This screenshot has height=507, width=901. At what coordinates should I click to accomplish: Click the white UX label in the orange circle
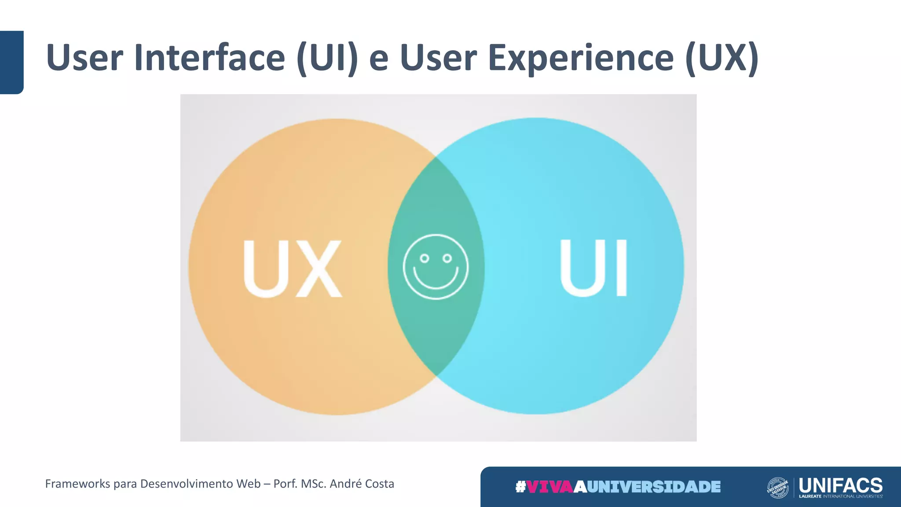pyautogui.click(x=292, y=268)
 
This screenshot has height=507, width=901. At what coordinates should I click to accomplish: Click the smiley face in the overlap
pyautogui.click(x=436, y=267)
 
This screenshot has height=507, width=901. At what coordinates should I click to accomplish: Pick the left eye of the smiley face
pyautogui.click(x=424, y=258)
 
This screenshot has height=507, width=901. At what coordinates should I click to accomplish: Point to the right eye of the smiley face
pyautogui.click(x=447, y=258)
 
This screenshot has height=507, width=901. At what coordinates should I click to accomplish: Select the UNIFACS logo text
pyautogui.click(x=840, y=485)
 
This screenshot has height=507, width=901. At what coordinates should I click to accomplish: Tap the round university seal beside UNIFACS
pyautogui.click(x=778, y=488)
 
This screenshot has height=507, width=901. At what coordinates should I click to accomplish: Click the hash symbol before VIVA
pyautogui.click(x=520, y=487)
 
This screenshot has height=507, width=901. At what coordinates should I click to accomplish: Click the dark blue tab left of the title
pyautogui.click(x=11, y=62)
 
